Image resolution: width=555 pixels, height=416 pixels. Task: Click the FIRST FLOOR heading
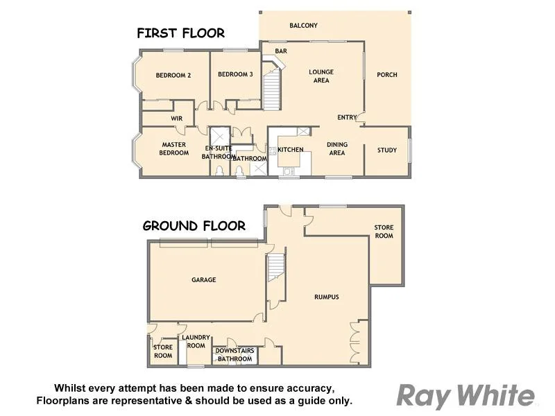[180, 33]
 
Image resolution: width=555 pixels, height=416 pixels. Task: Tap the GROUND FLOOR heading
[194, 225]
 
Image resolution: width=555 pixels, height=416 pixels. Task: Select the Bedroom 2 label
[173, 76]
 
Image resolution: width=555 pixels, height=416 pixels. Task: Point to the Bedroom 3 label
[235, 75]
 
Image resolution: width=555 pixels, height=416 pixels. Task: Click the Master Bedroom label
[174, 148]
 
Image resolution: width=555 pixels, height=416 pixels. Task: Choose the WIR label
[176, 119]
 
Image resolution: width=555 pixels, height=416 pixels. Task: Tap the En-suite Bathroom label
[219, 153]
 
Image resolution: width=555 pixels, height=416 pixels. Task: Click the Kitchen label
[291, 150]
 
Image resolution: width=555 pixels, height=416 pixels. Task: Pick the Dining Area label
[337, 148]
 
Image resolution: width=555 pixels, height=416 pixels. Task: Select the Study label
[387, 150]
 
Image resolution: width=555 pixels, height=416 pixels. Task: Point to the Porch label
[387, 75]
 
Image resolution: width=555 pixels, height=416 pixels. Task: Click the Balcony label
[303, 26]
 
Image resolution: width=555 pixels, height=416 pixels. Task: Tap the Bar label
[281, 51]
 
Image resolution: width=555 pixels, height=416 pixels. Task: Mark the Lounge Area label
[321, 76]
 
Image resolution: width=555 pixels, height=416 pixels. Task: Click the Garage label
[204, 280]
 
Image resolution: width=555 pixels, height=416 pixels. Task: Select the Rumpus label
[326, 297]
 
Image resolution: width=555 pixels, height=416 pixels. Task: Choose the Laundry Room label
[196, 341]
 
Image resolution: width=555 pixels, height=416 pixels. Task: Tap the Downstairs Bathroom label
[234, 355]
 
